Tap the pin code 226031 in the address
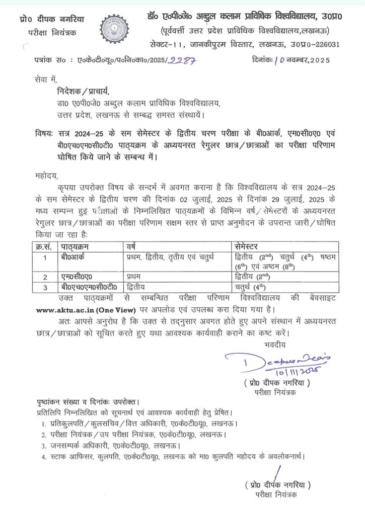point(326,44)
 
